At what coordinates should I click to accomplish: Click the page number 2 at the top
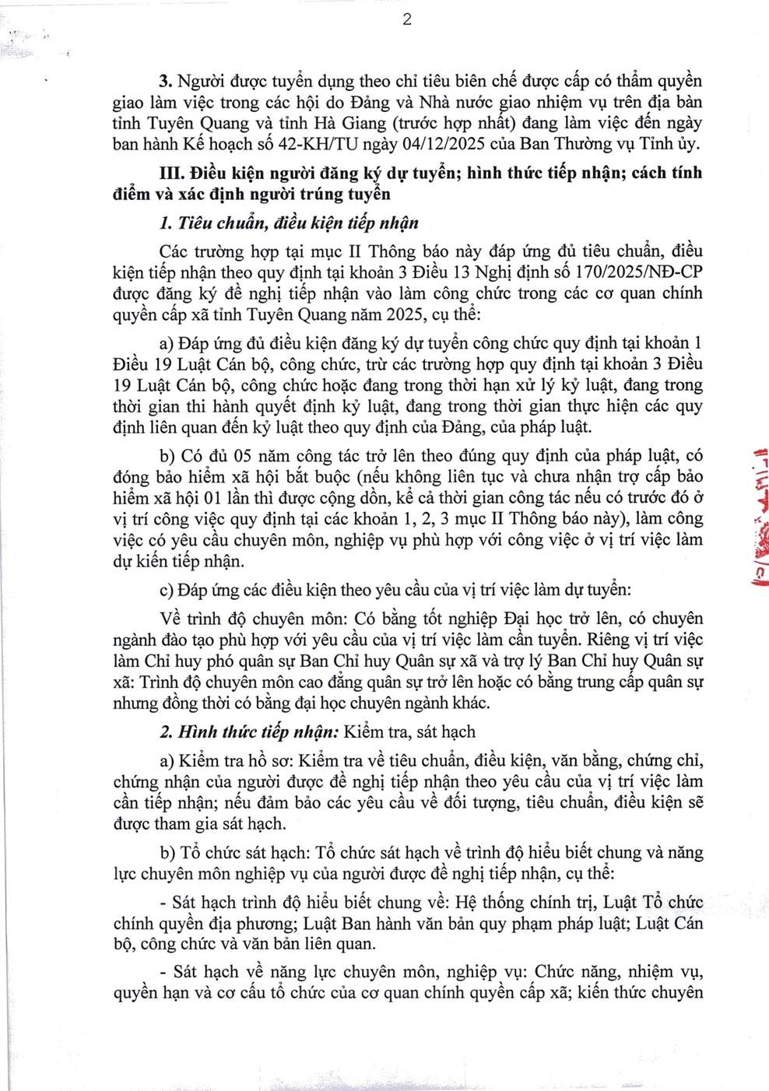406,19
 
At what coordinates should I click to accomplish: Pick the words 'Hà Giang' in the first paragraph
349,123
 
